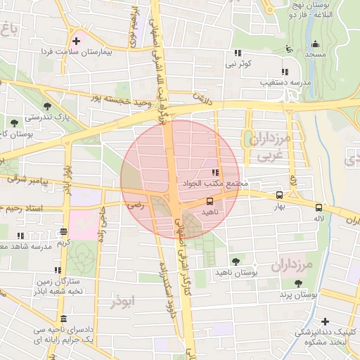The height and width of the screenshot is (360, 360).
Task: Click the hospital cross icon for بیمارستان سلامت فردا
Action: [x=77, y=41]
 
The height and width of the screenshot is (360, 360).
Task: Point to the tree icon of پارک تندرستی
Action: [x=47, y=106]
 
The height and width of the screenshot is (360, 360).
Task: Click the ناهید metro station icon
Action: [x=210, y=200]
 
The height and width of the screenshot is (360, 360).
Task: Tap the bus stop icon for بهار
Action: [x=280, y=195]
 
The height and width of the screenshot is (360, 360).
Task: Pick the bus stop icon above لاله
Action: [x=319, y=207]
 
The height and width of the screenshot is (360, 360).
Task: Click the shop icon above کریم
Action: [x=64, y=231]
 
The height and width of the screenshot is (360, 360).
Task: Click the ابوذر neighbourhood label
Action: [x=124, y=302]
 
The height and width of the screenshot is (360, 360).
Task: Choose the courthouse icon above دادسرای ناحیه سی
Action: [x=64, y=318]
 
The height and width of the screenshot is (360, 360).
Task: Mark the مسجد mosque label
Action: [x=315, y=54]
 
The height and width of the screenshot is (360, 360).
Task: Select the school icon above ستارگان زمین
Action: [x=57, y=270]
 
